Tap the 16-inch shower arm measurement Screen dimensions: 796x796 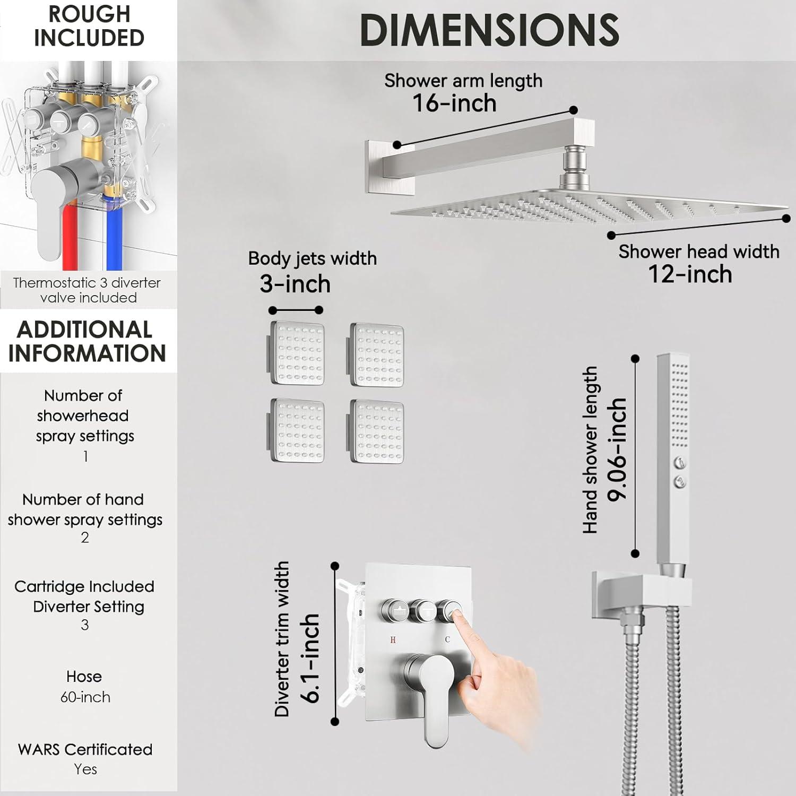[x=454, y=103]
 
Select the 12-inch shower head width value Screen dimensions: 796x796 [x=690, y=274]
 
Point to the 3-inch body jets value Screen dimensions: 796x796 [x=295, y=284]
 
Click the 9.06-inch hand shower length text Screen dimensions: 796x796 [x=618, y=449]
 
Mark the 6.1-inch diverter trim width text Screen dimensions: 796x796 [x=309, y=658]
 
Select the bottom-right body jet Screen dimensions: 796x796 [x=376, y=431]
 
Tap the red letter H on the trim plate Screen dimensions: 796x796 [x=393, y=640]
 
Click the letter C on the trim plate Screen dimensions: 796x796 [x=447, y=639]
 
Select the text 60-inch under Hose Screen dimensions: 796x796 [x=85, y=697]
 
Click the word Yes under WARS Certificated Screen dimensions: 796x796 [x=85, y=769]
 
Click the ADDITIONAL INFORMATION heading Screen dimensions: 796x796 [x=86, y=341]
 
